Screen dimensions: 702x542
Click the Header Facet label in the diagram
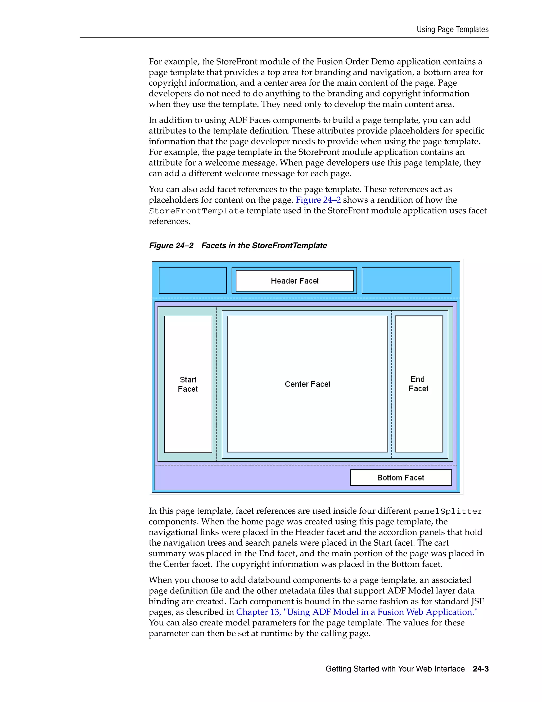pos(295,281)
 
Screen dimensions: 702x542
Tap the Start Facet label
pos(188,384)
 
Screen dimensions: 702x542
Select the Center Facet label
pos(307,384)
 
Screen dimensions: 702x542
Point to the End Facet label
pos(418,384)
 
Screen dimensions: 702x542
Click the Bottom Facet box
pos(400,478)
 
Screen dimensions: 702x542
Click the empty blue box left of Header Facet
pos(193,280)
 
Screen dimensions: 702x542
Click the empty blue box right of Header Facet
pos(406,280)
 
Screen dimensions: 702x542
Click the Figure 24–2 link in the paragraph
pos(318,200)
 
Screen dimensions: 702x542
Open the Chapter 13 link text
pos(356,612)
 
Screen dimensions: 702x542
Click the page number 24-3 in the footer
pos(480,669)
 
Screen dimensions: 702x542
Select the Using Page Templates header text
pos(452,30)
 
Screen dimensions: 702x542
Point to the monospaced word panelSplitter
pos(448,511)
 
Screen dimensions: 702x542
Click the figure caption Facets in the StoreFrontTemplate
pos(264,246)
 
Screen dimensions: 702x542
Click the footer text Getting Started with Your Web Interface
pos(395,669)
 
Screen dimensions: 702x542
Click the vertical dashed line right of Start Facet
pos(216,384)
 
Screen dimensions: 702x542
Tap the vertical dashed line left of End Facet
pos(392,384)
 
